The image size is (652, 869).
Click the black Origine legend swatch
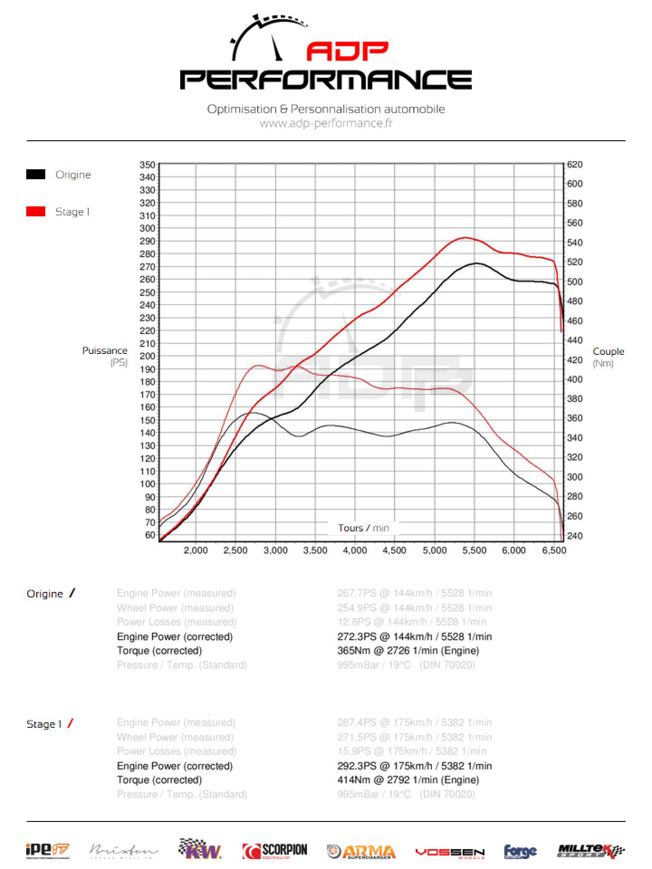click(x=36, y=175)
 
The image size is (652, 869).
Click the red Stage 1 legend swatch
click(x=36, y=211)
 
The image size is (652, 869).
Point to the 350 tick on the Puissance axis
click(x=147, y=165)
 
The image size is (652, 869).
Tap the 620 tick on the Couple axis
click(x=575, y=165)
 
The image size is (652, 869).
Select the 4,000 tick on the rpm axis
click(x=355, y=550)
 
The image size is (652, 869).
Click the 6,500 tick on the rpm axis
click(x=554, y=550)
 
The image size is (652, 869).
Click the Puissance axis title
click(x=105, y=351)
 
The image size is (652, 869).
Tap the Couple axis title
click(x=608, y=352)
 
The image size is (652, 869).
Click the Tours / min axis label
click(x=363, y=528)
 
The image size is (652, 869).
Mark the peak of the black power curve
click(x=476, y=263)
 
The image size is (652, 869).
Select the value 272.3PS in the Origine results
click(x=357, y=636)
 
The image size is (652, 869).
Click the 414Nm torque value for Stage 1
click(x=354, y=780)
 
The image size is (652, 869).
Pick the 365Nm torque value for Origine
click(x=354, y=650)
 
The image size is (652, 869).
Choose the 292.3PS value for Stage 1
click(x=357, y=766)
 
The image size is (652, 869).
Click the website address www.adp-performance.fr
click(x=326, y=123)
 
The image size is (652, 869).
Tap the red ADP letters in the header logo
click(x=347, y=52)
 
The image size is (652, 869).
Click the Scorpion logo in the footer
click(x=275, y=851)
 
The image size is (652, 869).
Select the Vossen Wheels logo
click(x=450, y=852)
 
